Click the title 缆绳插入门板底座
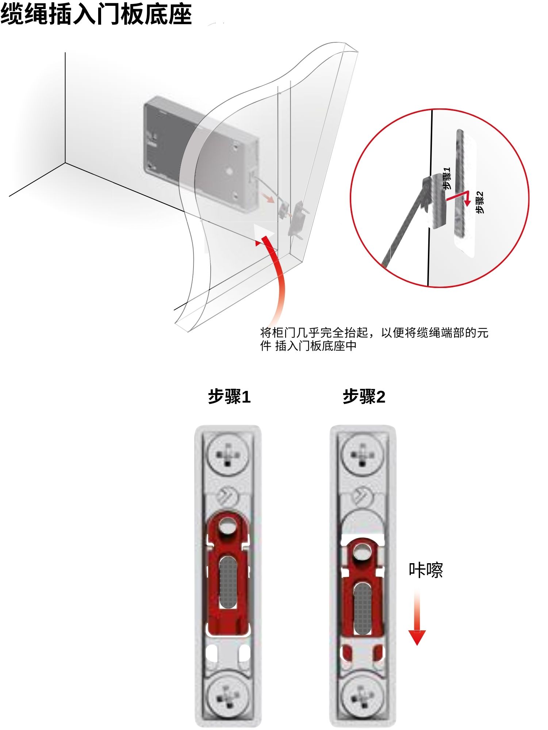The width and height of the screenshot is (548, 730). [x=96, y=15]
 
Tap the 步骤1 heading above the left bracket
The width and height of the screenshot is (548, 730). [x=229, y=396]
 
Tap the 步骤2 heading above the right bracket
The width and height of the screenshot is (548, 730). [x=364, y=396]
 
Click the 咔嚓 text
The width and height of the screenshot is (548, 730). [x=426, y=570]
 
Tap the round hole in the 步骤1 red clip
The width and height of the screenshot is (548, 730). [x=227, y=527]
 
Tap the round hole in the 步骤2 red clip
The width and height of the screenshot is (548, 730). [x=362, y=552]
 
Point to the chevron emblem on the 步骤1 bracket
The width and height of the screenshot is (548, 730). [x=227, y=496]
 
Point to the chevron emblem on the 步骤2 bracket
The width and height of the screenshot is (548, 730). [x=362, y=496]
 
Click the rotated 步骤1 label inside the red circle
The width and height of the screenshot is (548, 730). [x=447, y=178]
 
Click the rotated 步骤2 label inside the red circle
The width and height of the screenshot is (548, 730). [x=480, y=202]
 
